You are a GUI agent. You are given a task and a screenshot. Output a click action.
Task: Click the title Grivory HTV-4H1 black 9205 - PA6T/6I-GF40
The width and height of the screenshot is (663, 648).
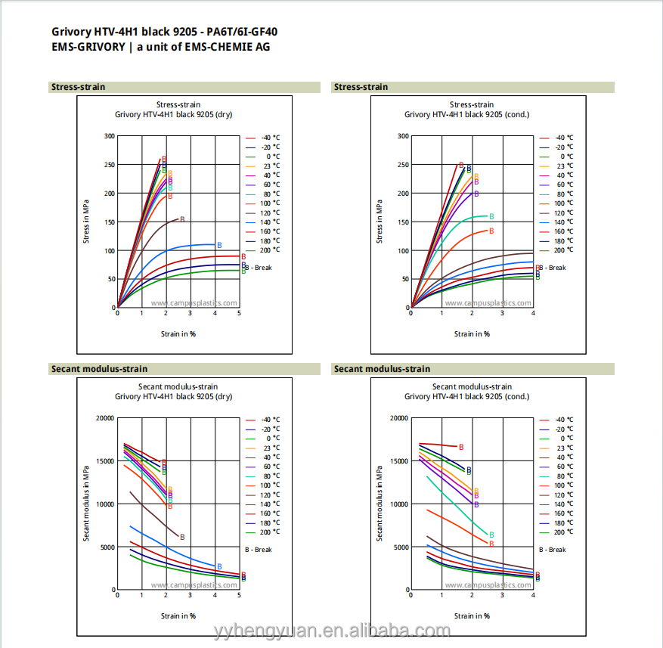coord(169,32)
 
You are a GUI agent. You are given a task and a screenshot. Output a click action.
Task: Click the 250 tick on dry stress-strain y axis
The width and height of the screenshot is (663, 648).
coord(110,165)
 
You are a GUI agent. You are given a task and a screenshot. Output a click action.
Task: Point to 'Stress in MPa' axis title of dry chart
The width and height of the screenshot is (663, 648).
coord(87,221)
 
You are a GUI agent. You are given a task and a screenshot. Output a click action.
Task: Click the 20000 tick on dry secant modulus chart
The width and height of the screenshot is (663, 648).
coord(104,417)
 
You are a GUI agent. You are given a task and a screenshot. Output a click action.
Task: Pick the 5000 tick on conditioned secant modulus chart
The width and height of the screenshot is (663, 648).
coord(398,547)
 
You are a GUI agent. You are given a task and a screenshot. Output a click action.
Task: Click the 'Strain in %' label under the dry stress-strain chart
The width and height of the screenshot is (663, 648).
coord(178,333)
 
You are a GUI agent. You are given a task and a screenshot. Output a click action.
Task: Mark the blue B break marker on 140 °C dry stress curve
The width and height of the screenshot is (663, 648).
coord(219,245)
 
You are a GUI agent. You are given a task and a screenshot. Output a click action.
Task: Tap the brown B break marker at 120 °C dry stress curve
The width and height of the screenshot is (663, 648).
coord(182,219)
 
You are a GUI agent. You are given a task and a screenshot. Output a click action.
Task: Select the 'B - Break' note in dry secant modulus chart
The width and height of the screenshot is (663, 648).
coord(259,550)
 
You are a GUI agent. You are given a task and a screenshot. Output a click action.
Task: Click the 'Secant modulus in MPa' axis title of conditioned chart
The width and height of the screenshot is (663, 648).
coord(380,503)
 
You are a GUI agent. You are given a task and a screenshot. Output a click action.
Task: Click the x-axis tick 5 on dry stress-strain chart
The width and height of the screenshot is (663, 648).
coord(239,313)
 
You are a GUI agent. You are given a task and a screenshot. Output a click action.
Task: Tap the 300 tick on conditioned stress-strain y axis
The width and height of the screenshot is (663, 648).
coord(403,136)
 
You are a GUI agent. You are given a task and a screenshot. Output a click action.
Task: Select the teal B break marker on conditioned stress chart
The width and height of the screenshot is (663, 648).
coord(491,216)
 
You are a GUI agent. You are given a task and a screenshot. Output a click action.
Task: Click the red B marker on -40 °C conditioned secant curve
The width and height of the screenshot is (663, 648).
coord(461,447)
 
